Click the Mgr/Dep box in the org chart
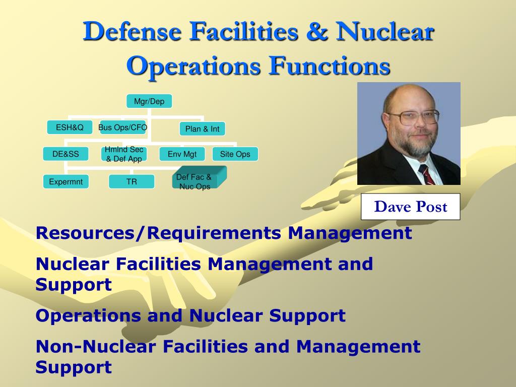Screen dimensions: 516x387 [149, 101]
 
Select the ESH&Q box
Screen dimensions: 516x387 [70, 127]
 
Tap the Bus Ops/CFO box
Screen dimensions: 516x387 [123, 127]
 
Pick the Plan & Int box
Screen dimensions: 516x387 [203, 128]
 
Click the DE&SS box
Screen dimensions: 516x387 [66, 154]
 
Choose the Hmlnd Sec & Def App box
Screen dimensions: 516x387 [124, 154]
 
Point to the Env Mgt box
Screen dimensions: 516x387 [182, 154]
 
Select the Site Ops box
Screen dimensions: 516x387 [235, 154]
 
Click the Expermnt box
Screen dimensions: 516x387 [66, 181]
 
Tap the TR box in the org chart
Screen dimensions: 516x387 [132, 181]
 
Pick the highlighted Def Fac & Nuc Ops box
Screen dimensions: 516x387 [199, 178]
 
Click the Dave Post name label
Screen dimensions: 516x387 [410, 207]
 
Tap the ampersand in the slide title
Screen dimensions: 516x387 [317, 31]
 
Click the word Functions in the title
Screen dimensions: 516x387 [330, 66]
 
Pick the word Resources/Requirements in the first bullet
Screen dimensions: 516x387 [158, 233]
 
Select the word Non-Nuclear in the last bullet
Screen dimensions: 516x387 [95, 347]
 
